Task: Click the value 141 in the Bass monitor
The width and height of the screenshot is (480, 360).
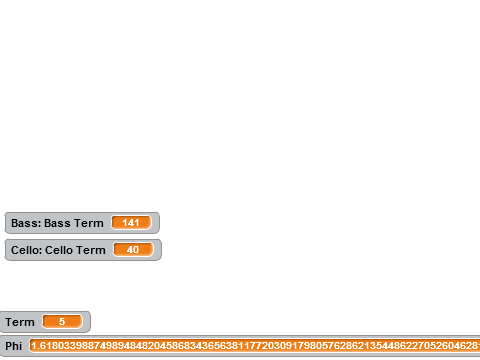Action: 131,223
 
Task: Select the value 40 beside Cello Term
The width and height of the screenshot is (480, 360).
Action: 133,250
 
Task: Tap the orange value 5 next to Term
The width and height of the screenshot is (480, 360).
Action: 62,322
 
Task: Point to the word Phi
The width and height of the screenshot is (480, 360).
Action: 14,346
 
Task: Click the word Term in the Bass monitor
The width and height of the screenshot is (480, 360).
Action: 89,223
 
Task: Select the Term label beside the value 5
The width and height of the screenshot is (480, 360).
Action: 20,322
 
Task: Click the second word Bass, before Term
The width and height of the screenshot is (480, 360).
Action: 57,223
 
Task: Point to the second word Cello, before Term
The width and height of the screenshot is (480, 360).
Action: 59,250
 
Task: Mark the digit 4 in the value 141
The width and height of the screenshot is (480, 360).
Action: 131,223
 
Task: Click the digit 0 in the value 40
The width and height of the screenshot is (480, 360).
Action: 136,250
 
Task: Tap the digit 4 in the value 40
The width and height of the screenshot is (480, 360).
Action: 130,250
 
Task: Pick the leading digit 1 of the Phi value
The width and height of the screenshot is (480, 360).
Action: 33,346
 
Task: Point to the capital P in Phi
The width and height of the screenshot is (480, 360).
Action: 8,346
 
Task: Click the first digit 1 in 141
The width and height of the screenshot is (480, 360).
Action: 125,223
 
